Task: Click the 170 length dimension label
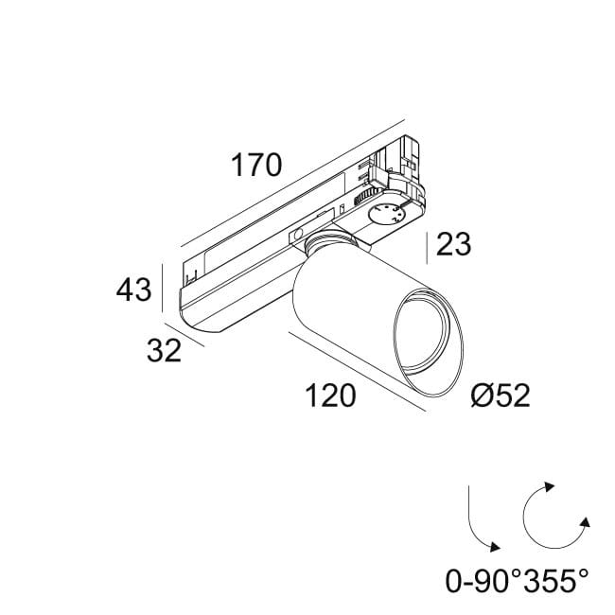point(256,166)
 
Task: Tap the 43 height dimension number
point(133,290)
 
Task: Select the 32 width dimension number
point(164,351)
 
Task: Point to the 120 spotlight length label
point(330,395)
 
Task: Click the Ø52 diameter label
point(500,395)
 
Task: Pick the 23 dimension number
point(454,245)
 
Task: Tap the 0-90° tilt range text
point(484,581)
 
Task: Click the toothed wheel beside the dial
point(361,198)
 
